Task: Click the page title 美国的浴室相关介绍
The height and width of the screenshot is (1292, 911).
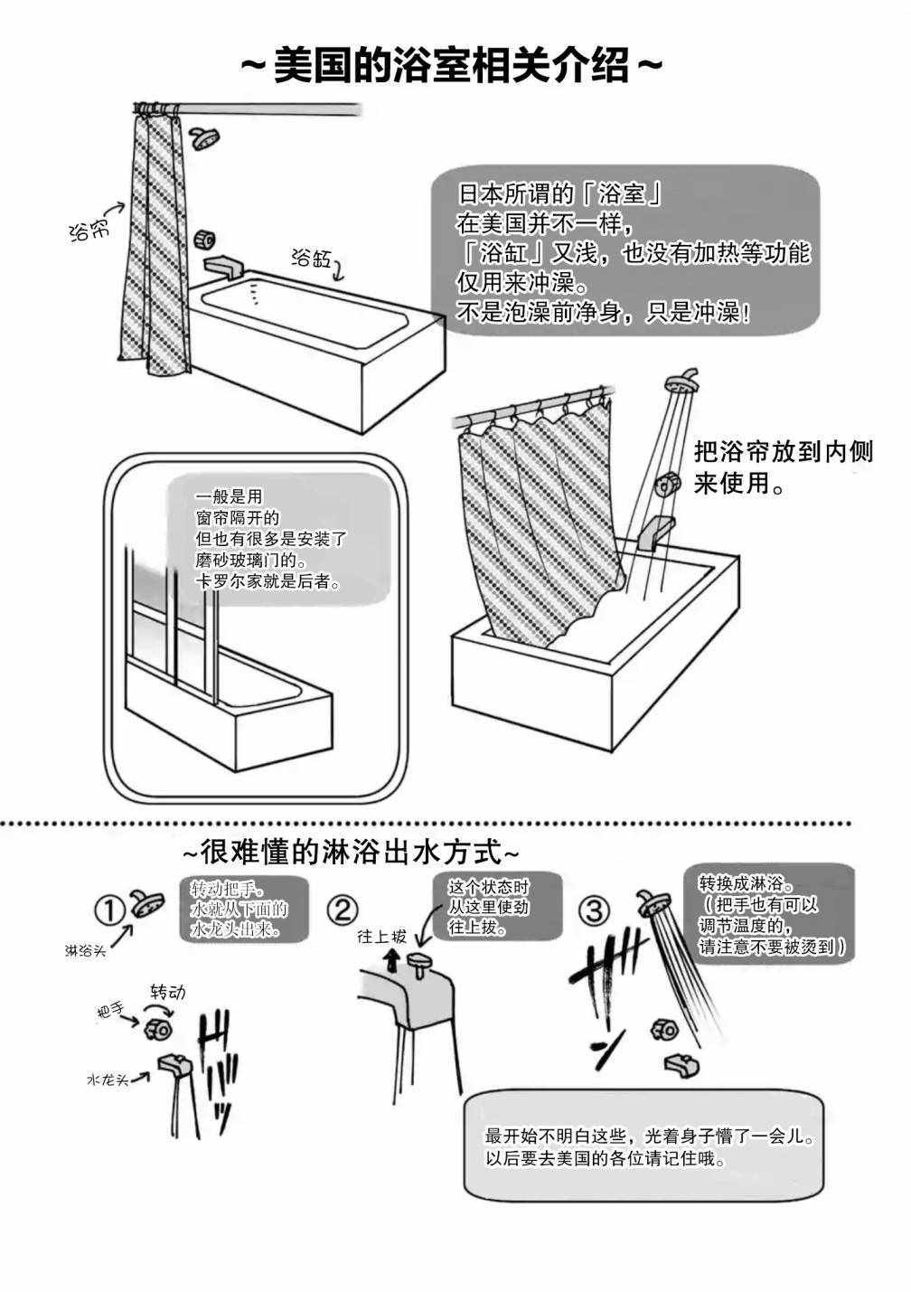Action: (453, 67)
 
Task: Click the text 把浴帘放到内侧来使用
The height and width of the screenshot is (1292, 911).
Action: (783, 467)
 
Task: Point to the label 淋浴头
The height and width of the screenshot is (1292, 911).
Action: (85, 950)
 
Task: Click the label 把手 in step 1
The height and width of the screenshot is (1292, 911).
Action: (109, 1013)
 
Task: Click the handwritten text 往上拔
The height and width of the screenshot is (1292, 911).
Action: (380, 936)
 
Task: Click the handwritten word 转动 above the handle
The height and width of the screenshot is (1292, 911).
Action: (167, 992)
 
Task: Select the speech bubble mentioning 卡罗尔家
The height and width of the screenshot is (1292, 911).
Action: (280, 539)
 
